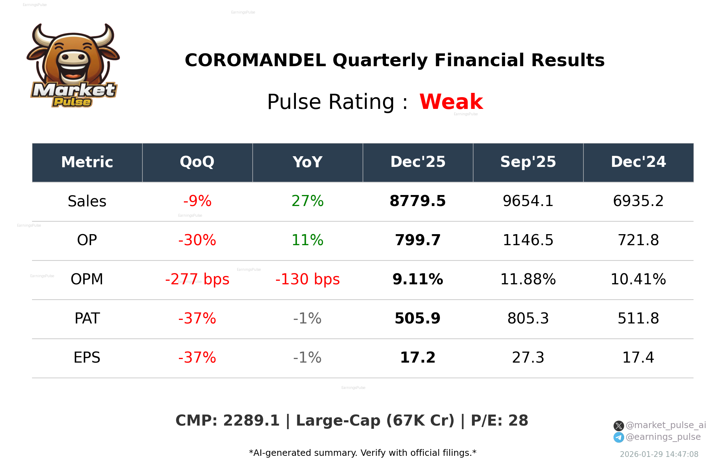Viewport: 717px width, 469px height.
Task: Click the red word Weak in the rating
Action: pos(451,102)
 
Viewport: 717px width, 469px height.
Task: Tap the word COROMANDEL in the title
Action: pos(255,60)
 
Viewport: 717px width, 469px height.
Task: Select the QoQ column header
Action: pos(197,162)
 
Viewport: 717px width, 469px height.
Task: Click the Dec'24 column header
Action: pos(638,162)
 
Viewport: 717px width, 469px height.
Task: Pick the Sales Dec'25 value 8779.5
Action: pos(418,201)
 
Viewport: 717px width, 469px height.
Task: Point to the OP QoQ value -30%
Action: pos(197,240)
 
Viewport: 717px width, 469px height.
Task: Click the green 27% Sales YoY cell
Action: pos(307,201)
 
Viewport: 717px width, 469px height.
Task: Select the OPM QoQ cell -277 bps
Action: pos(197,279)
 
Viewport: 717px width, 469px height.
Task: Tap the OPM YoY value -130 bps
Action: pos(307,279)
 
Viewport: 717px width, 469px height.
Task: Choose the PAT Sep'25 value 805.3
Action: pos(528,318)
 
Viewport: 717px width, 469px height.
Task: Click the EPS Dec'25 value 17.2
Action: pos(418,358)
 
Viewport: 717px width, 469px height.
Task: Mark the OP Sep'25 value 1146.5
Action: pos(528,240)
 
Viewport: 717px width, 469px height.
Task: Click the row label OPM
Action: pos(87,279)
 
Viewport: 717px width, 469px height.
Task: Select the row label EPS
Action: pos(87,358)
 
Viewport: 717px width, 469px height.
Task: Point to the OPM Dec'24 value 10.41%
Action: pos(638,279)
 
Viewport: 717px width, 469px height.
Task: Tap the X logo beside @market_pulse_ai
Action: pos(618,426)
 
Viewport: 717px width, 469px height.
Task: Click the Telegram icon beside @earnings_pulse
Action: pos(618,437)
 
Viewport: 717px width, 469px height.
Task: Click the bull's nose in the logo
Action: pos(73,58)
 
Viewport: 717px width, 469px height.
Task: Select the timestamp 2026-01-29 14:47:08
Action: pos(659,454)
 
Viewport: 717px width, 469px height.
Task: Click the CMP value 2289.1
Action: pos(251,421)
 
